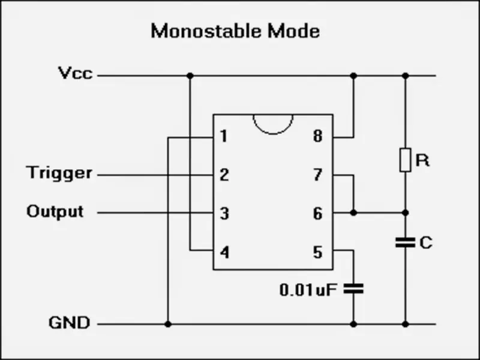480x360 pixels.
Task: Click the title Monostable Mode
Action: [x=235, y=31]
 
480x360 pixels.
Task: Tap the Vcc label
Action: [x=76, y=73]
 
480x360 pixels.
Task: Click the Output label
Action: [x=55, y=212]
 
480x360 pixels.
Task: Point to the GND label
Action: [x=69, y=323]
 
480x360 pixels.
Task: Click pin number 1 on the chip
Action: [x=224, y=136]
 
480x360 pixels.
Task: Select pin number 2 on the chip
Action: [x=224, y=175]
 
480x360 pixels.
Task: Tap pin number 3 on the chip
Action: [x=224, y=214]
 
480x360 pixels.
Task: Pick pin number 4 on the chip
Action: [x=224, y=253]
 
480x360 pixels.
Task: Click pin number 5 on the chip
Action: [x=318, y=253]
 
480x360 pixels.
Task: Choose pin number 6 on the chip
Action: [x=318, y=214]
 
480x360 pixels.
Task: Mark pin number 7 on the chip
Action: [x=318, y=175]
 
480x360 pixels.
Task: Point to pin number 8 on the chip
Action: [x=318, y=136]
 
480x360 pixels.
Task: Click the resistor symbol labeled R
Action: [x=406, y=160]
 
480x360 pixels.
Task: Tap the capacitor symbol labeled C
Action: [x=406, y=242]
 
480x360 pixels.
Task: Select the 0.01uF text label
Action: [x=308, y=290]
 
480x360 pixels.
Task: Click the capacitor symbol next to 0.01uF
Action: [x=353, y=289]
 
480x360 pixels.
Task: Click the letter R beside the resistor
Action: [x=423, y=160]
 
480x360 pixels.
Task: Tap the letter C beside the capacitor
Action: [x=426, y=243]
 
